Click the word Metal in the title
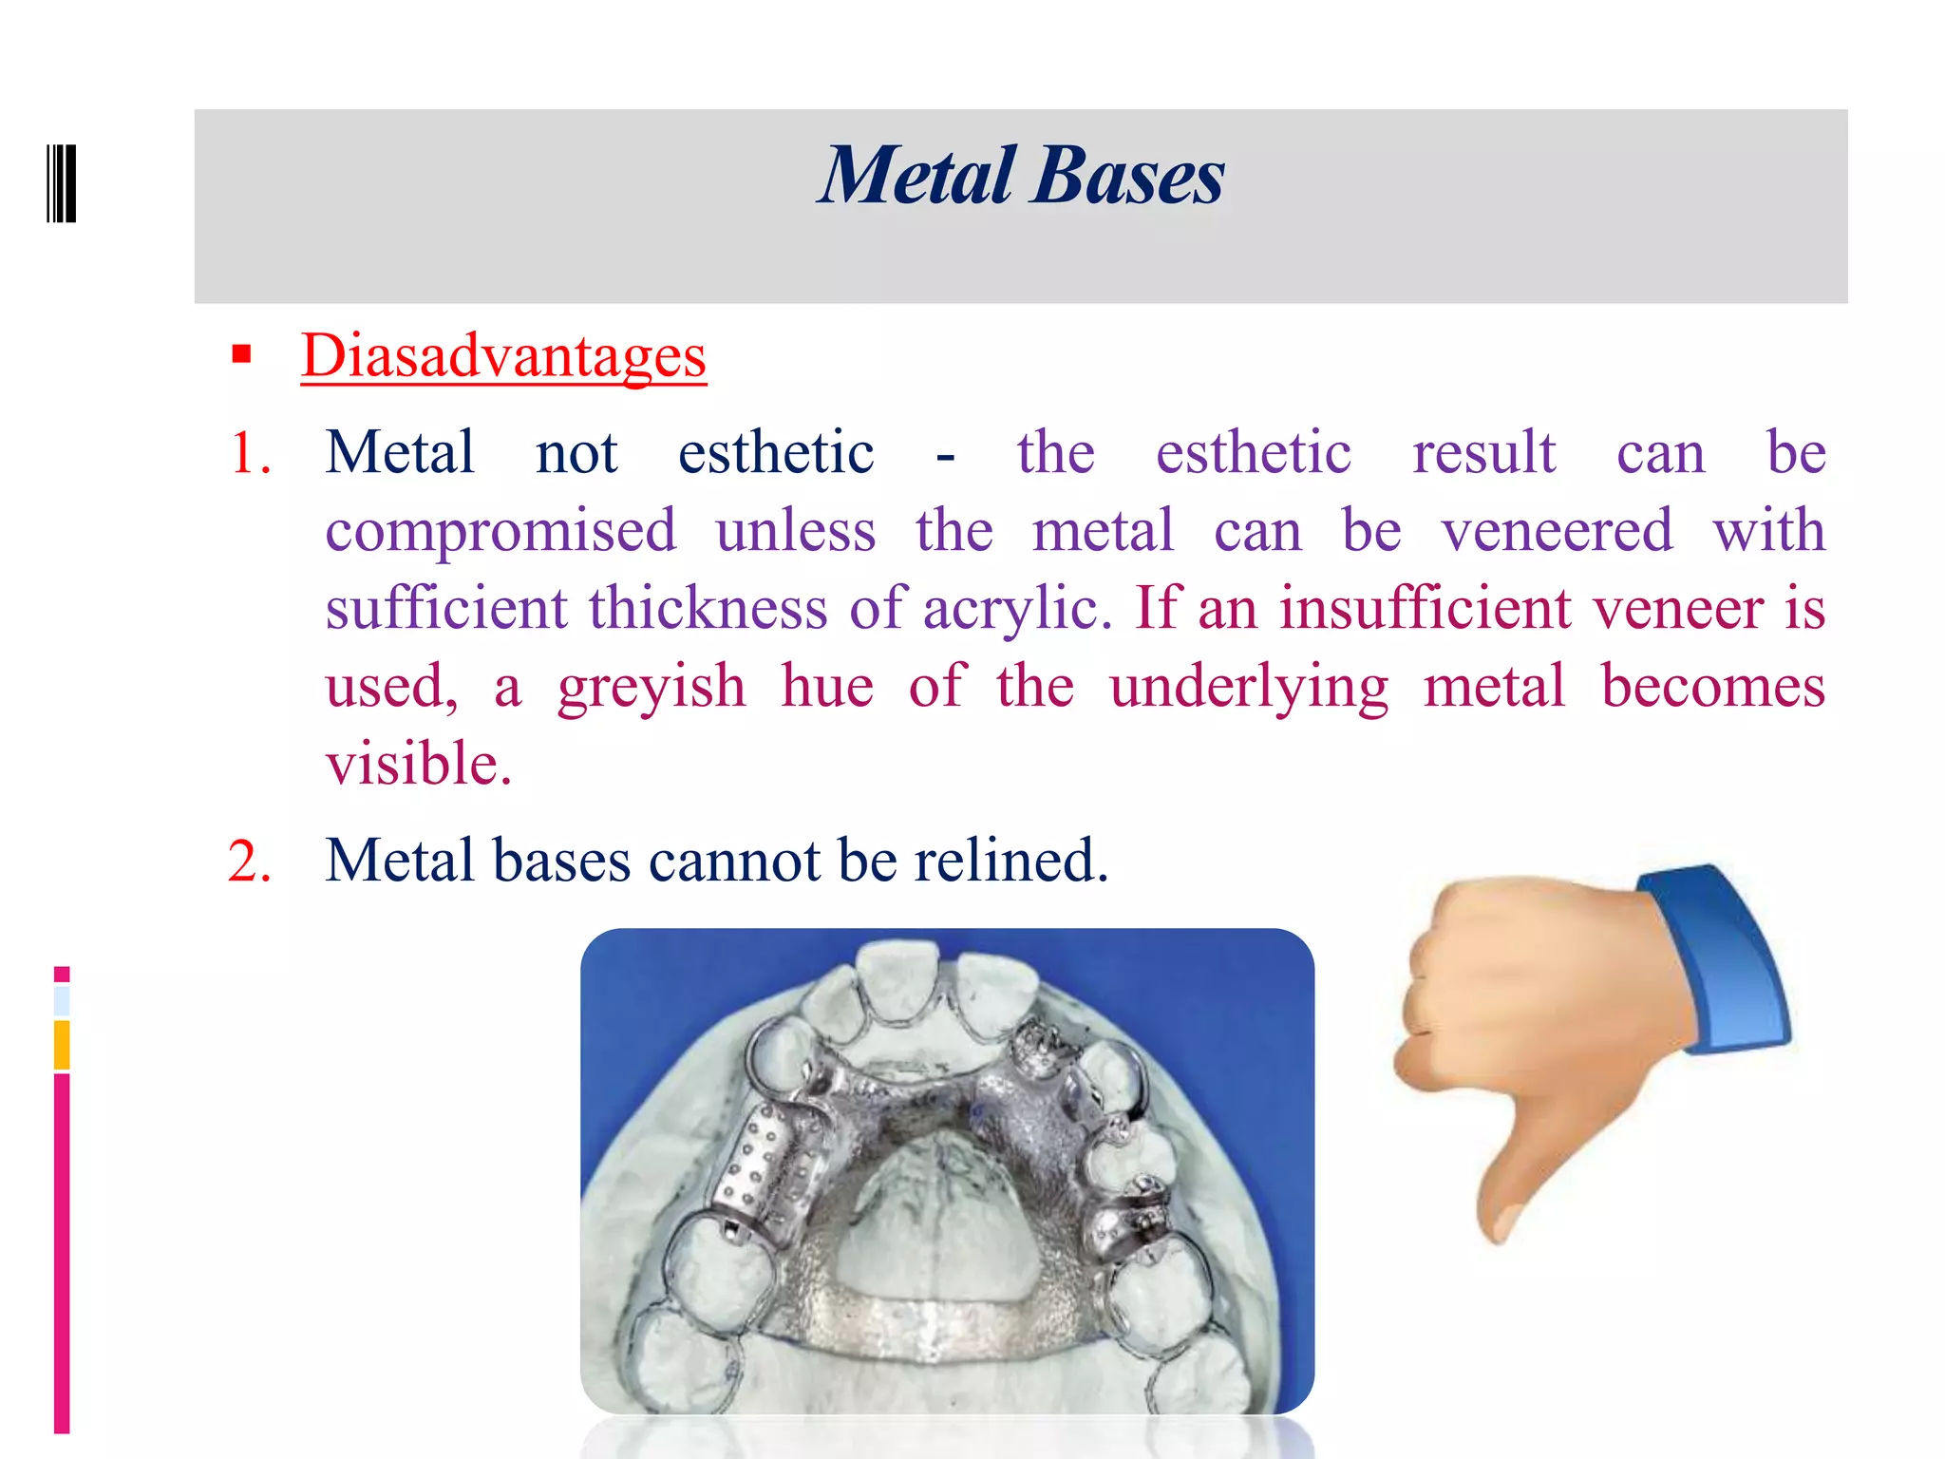tap(917, 177)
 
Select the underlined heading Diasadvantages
tap(503, 356)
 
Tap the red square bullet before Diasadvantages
tap(241, 354)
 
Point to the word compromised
tap(500, 530)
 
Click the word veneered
tap(1557, 530)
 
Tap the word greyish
tap(651, 686)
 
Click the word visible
tap(418, 764)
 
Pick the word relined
tap(1010, 861)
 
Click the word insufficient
tap(1425, 608)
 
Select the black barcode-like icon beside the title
tap(62, 183)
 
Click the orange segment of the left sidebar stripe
tap(62, 1044)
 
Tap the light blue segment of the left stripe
tap(62, 1000)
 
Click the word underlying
tap(1249, 686)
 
